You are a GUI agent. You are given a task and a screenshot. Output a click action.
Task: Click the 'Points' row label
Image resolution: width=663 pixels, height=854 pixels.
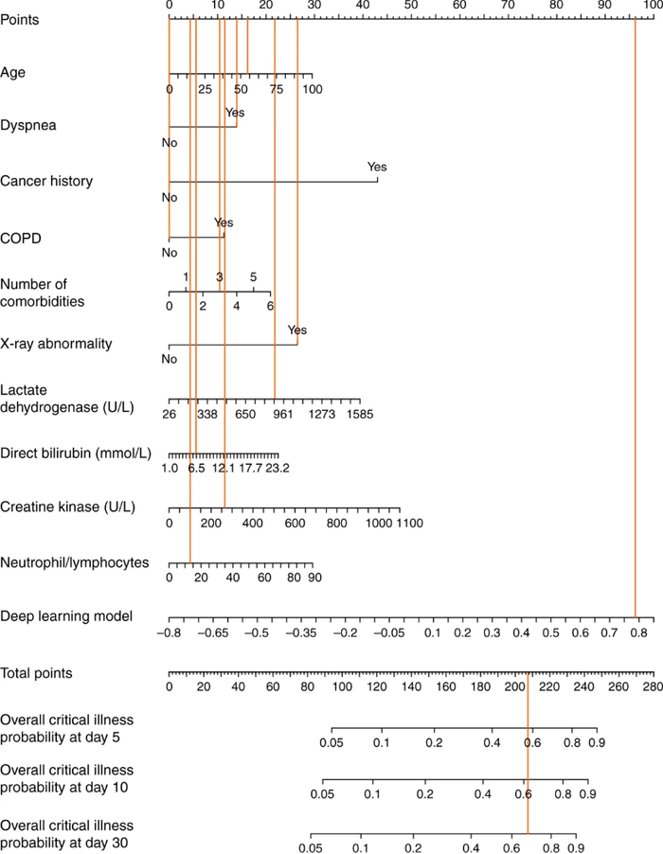click(20, 19)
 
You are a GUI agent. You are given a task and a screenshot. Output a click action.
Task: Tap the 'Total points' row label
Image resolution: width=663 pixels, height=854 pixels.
click(37, 672)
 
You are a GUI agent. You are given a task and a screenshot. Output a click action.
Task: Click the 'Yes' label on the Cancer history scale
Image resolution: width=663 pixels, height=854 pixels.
click(377, 167)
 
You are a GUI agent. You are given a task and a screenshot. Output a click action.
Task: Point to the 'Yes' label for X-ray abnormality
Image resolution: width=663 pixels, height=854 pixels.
click(297, 330)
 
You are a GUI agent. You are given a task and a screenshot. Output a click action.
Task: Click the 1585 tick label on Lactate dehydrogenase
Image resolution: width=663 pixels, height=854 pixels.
click(360, 414)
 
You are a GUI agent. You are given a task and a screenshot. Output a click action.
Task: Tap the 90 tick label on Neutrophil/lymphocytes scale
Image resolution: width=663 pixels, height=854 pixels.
click(314, 578)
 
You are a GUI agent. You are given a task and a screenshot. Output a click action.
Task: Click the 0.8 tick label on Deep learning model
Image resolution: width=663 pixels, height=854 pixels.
click(637, 632)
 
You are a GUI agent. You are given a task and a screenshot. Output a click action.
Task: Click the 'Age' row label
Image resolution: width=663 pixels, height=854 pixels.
click(12, 73)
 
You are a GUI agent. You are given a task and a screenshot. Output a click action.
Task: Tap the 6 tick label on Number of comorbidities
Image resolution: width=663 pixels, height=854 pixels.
click(271, 306)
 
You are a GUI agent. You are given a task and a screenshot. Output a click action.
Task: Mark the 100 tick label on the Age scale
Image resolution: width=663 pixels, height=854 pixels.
click(312, 89)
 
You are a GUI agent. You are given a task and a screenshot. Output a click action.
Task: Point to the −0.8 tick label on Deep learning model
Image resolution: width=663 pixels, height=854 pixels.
click(170, 632)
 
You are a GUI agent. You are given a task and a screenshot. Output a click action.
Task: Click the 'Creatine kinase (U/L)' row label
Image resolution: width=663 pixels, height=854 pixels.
click(67, 507)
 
